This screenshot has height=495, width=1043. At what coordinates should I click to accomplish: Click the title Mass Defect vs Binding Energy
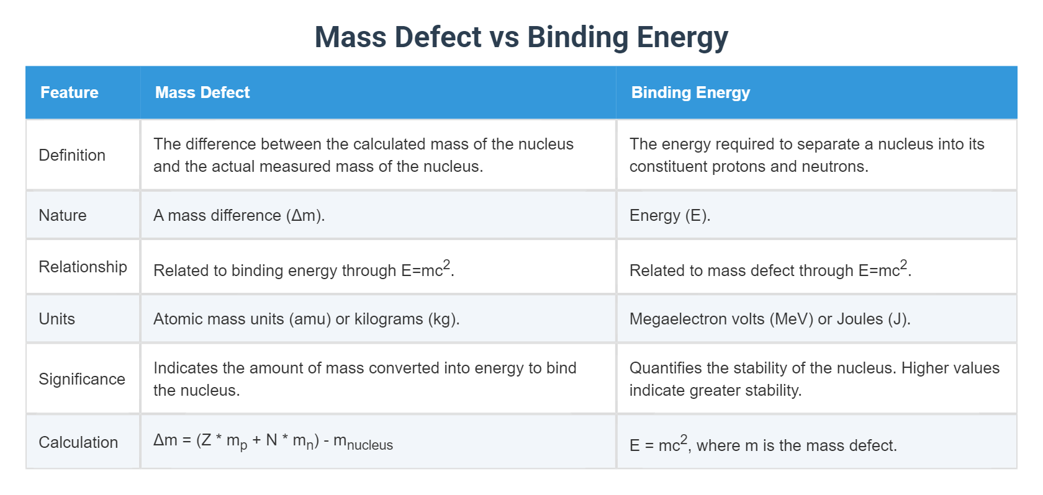coord(521,37)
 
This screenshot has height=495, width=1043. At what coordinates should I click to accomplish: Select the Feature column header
coord(70,92)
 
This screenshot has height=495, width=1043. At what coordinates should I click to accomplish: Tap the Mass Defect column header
coord(202,92)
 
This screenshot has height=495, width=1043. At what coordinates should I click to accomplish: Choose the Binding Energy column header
coord(690,92)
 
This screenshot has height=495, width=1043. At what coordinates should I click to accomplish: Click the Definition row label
coord(72,155)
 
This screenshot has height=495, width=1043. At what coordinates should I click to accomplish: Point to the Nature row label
coord(63,215)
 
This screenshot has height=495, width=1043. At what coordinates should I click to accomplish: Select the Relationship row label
coord(83,267)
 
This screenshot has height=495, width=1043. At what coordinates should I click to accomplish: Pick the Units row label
coord(57,319)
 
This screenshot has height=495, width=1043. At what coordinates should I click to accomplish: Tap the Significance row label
coord(82,379)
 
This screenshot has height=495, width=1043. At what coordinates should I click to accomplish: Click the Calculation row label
coord(78,442)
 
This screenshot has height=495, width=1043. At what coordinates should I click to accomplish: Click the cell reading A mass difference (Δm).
coord(239,215)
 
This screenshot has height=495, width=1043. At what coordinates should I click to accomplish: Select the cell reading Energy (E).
coord(670,215)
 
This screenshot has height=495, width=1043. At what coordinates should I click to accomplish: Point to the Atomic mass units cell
coord(306,319)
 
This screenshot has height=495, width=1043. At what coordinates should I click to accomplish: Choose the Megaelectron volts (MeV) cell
coord(770,319)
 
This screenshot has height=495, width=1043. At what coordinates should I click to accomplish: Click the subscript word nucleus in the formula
coord(370,445)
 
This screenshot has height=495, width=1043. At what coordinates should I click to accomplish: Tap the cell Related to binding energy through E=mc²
coord(304,270)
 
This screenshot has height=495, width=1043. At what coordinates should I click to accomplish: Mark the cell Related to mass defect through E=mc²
coord(770,270)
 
